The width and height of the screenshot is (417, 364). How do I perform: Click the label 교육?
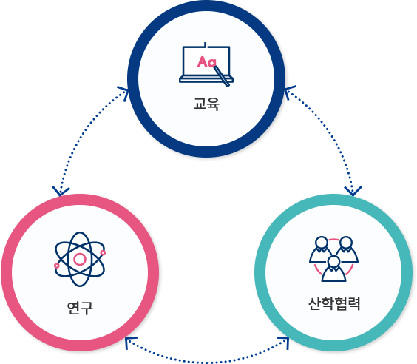(206, 104)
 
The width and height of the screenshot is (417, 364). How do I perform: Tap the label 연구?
(80, 308)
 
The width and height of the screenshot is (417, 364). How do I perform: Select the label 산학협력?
(334, 303)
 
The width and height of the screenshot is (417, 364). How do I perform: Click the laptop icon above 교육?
(206, 64)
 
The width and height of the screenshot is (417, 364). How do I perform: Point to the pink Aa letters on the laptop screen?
(206, 61)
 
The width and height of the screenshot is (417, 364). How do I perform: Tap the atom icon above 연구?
(80, 259)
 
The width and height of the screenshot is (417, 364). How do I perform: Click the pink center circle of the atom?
(80, 259)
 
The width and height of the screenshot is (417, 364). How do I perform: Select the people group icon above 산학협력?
(333, 259)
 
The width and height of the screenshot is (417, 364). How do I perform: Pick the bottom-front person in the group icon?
(333, 269)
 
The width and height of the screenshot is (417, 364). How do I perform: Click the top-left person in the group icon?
(322, 249)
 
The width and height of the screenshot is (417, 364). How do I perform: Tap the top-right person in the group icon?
(346, 249)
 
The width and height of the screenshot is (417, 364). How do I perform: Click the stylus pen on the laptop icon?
(221, 76)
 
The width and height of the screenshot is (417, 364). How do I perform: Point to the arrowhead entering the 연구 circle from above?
(61, 191)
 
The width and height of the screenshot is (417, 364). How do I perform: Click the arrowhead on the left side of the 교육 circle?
(123, 93)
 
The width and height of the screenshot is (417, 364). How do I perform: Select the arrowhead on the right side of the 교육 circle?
(290, 92)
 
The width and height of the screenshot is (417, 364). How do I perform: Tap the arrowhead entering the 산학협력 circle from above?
(353, 191)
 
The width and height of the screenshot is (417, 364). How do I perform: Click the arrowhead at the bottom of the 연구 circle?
(130, 343)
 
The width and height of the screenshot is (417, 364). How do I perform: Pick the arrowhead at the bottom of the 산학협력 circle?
(283, 343)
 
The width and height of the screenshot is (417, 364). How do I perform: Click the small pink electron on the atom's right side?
(103, 253)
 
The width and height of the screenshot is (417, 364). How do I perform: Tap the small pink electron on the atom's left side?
(56, 266)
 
